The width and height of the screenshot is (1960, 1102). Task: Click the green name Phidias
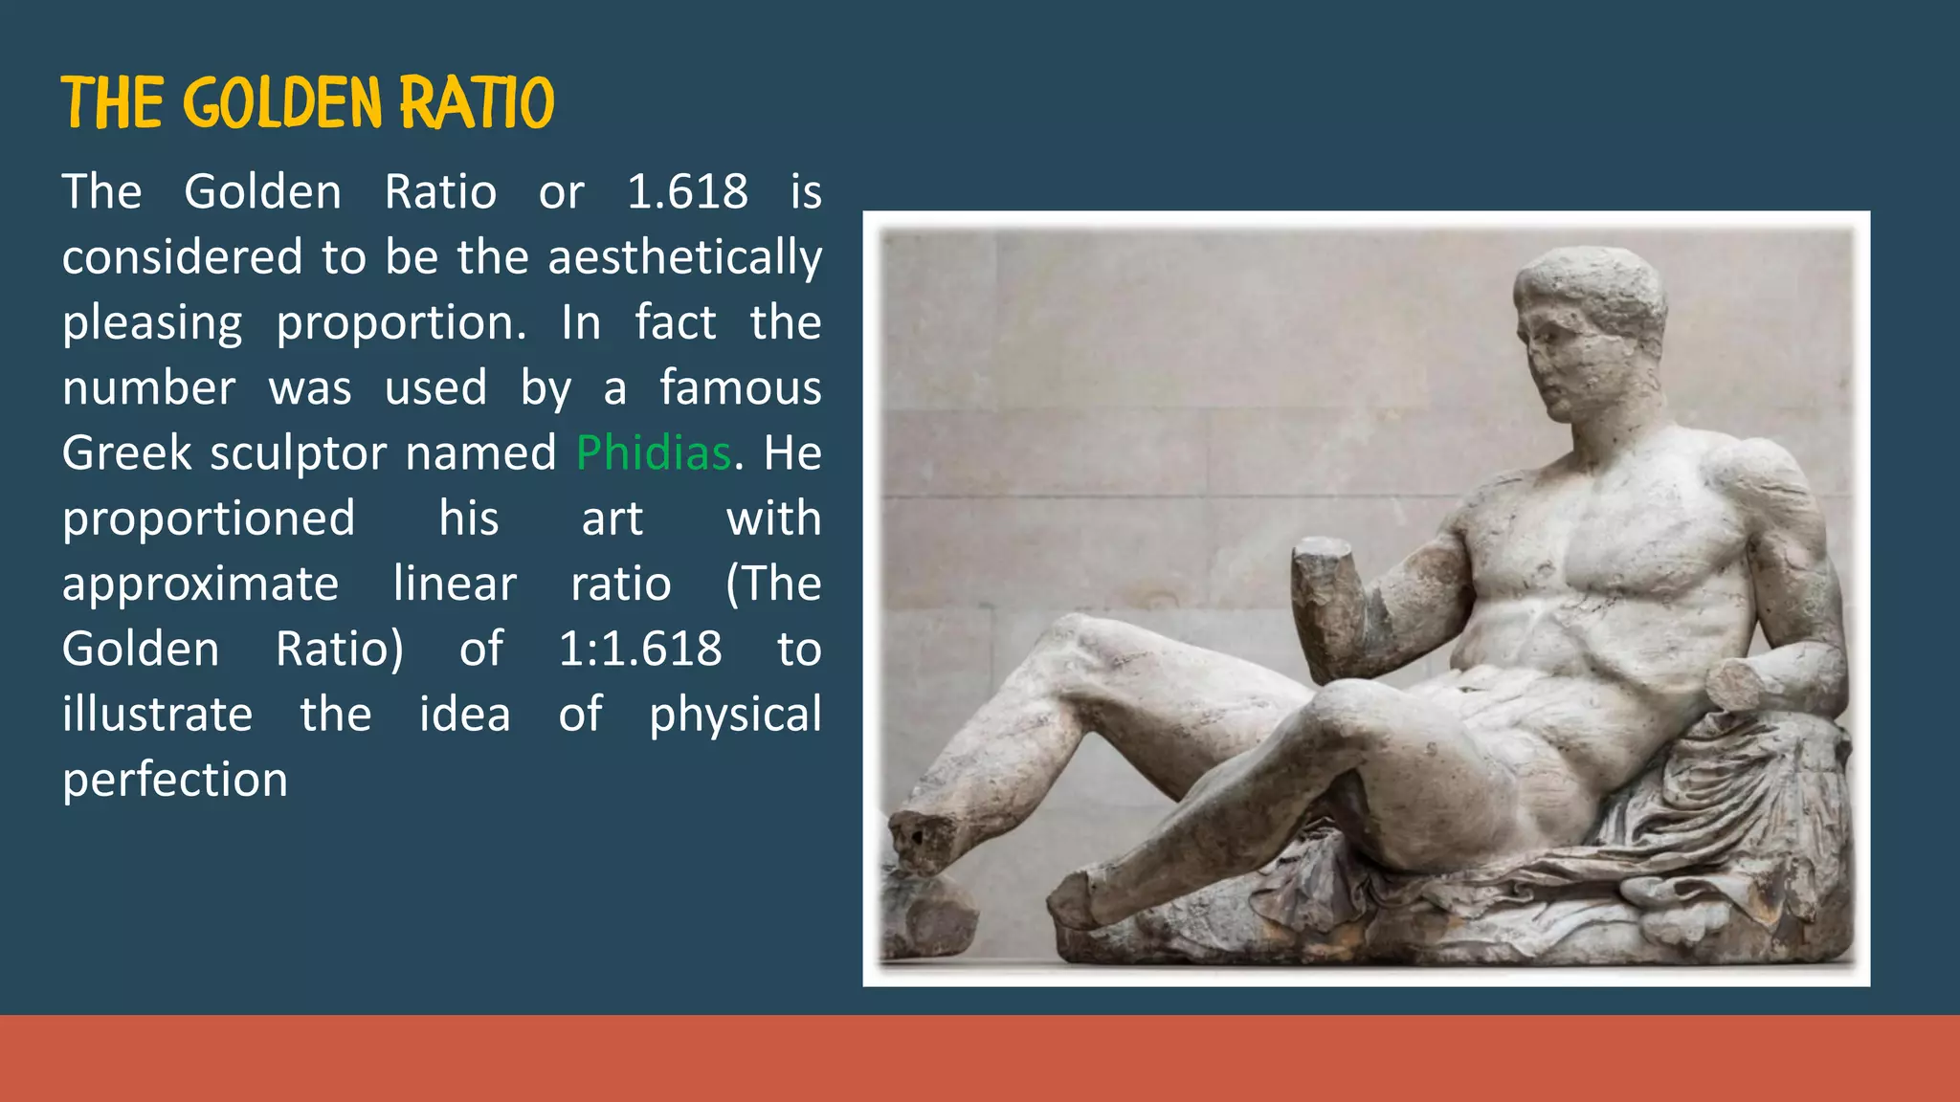click(x=654, y=453)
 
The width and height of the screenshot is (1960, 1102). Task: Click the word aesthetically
click(x=684, y=258)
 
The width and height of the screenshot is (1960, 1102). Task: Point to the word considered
click(x=182, y=257)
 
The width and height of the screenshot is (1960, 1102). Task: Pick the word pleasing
click(x=152, y=323)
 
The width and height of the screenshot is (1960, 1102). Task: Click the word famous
click(x=740, y=388)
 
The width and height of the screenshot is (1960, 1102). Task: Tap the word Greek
click(x=126, y=453)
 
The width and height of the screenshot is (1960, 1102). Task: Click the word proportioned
click(x=209, y=519)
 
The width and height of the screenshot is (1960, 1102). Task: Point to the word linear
click(x=455, y=584)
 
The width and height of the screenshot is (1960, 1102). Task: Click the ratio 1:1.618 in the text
click(x=639, y=650)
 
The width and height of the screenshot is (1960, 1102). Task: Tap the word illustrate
click(x=157, y=715)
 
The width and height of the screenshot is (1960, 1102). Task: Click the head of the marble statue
click(x=1589, y=325)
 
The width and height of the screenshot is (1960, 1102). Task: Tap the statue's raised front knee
click(x=1359, y=717)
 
